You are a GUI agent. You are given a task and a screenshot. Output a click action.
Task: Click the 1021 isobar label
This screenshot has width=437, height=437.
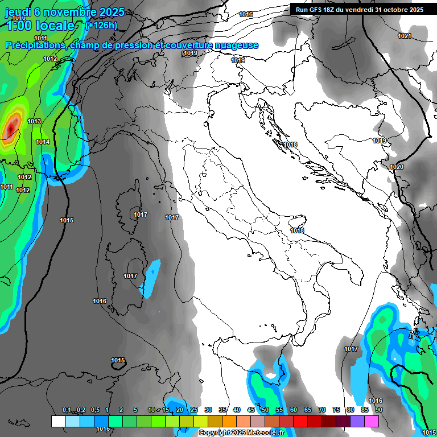coord(404,36)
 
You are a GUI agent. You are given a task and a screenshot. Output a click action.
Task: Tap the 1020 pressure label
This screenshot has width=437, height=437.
coord(397,167)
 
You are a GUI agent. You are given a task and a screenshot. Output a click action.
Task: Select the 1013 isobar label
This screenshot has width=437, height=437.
coord(34,121)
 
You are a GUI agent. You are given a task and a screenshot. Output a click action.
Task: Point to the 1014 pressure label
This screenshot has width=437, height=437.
coord(43,142)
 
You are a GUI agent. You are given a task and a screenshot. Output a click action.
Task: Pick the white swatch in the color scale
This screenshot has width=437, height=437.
coord(58,422)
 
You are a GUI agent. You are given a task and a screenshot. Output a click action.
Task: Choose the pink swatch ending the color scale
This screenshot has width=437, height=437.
coord(372,422)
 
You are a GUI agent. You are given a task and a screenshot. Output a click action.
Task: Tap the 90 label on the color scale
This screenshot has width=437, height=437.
coord(378,410)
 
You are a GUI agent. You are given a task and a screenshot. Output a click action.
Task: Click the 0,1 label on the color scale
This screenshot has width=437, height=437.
coord(67,410)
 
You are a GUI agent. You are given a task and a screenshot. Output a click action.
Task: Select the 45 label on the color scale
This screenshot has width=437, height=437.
coord(251,410)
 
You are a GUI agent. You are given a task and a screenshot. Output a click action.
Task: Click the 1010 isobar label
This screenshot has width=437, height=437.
coord(19,18)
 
